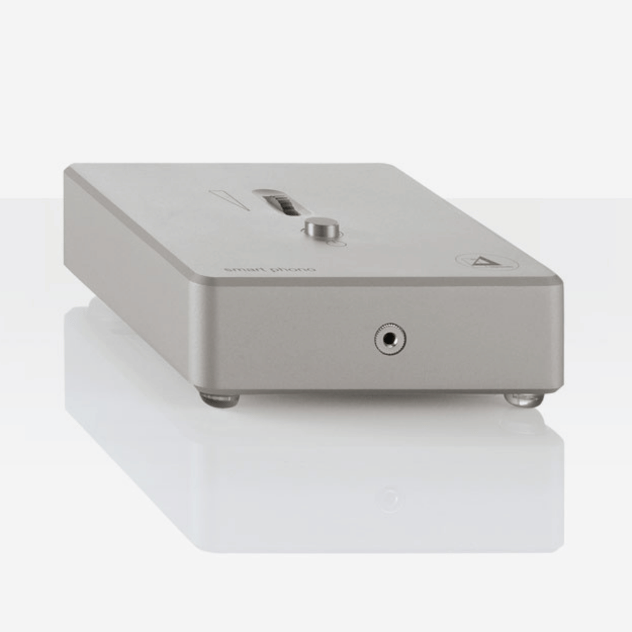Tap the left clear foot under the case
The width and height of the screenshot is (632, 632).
219,399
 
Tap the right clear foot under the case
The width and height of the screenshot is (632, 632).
525,399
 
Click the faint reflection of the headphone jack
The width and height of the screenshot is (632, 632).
389,499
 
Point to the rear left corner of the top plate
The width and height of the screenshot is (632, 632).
68,168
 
